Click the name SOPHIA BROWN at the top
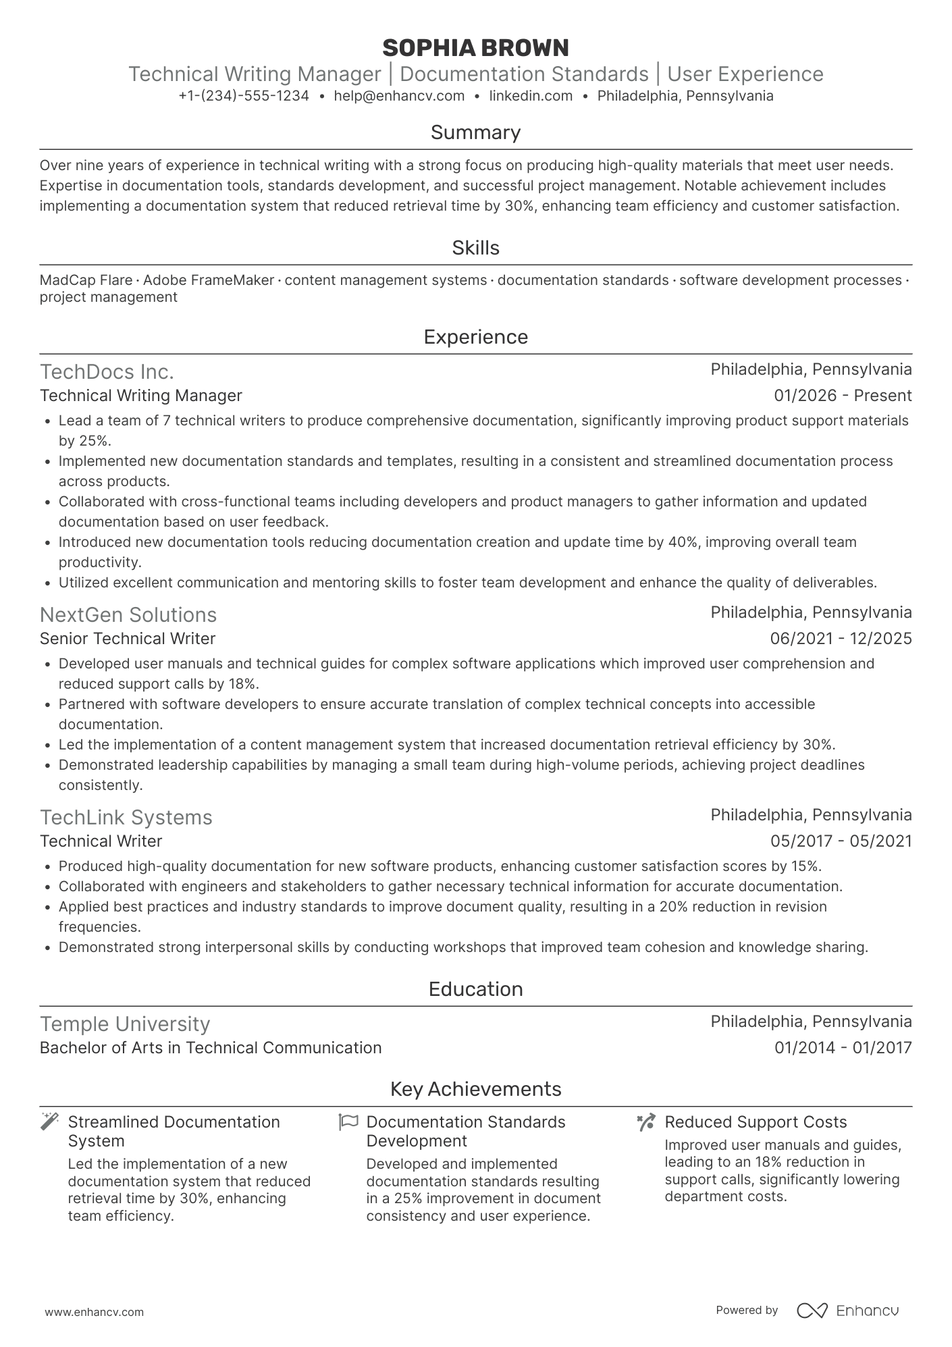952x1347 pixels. (475, 48)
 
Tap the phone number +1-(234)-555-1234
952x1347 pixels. (244, 96)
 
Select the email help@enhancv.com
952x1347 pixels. (399, 96)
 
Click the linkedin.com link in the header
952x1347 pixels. (531, 96)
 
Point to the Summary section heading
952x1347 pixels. (475, 132)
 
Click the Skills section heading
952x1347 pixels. (475, 248)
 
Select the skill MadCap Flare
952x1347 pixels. (86, 280)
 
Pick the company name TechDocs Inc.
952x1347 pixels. (107, 372)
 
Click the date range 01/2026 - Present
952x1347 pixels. (843, 396)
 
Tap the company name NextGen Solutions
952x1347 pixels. (128, 615)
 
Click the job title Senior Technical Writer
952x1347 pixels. (128, 639)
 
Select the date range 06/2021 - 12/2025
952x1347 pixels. (841, 639)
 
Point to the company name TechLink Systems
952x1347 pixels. (126, 818)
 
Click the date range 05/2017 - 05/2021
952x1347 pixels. (841, 841)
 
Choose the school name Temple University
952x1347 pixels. (125, 1024)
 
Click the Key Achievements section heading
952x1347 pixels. (475, 1089)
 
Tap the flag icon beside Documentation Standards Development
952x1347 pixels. (348, 1122)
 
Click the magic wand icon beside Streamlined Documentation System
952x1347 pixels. (49, 1122)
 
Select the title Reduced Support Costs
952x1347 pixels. (756, 1122)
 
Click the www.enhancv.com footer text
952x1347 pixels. (94, 1313)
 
